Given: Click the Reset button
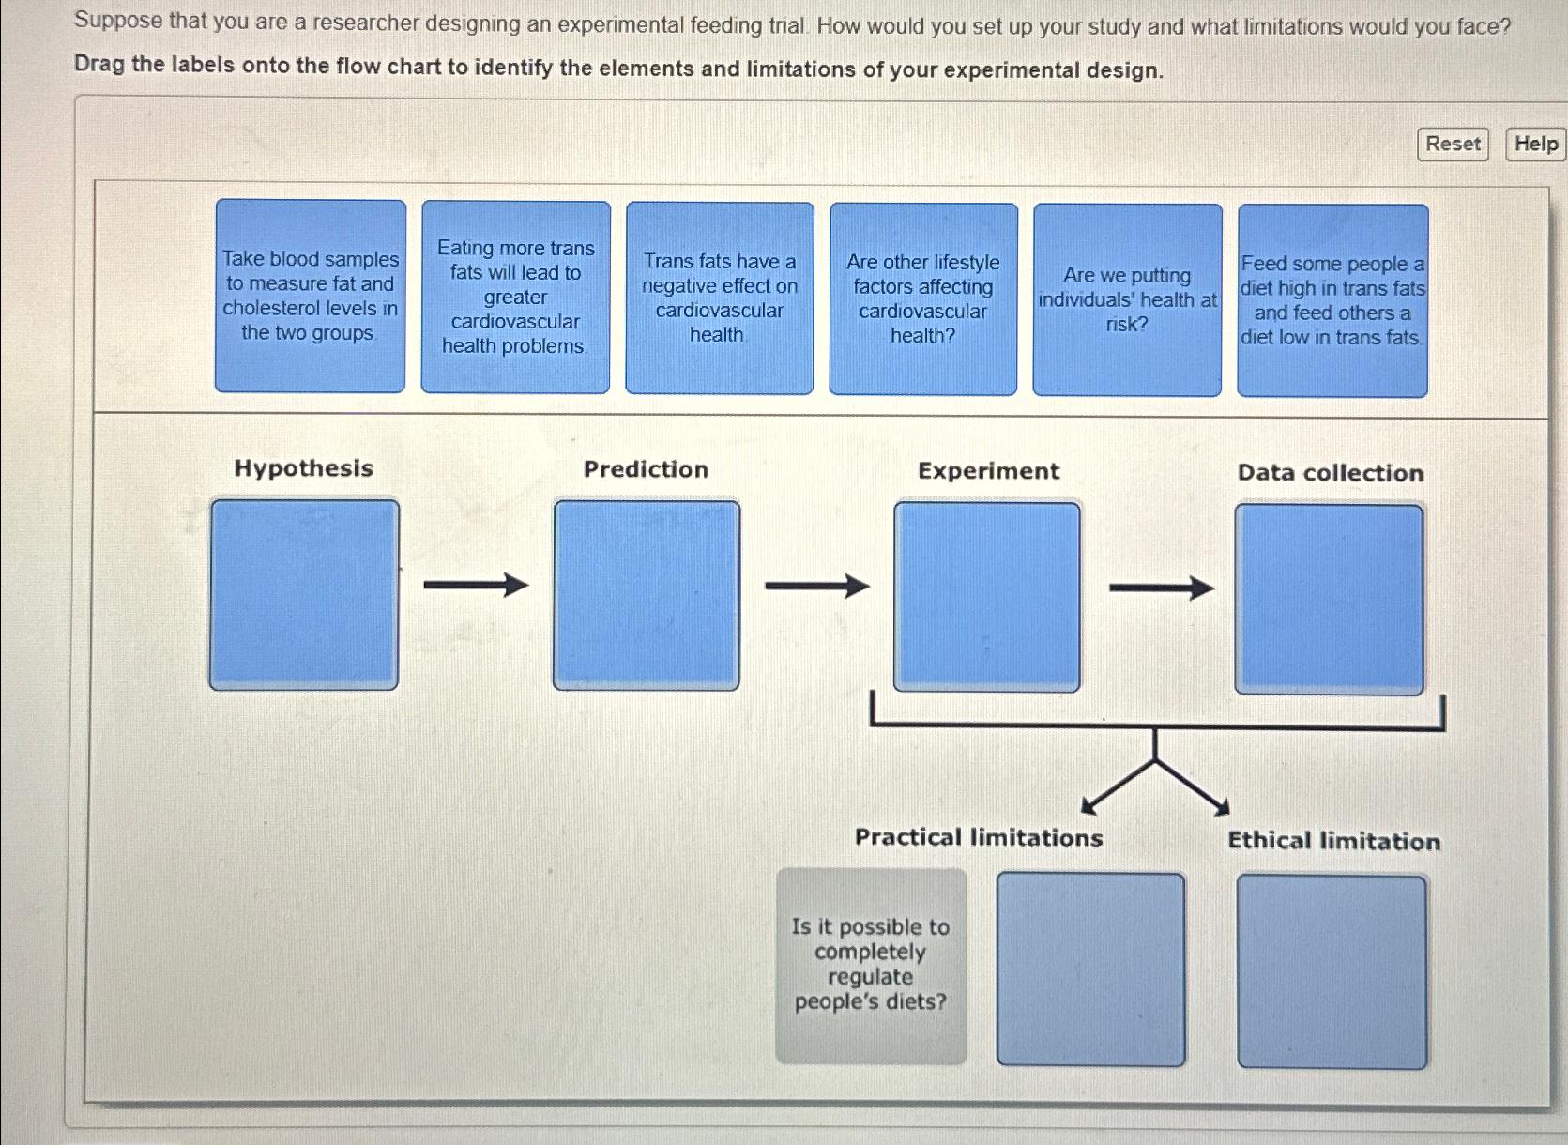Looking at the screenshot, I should [x=1452, y=145].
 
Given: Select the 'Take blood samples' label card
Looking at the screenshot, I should [x=310, y=296].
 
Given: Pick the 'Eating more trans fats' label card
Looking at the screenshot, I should [x=515, y=297].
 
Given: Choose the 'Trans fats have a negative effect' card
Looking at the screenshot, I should [x=719, y=298].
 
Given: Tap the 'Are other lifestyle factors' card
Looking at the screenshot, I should [x=922, y=298].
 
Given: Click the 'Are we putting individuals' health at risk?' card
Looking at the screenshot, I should [x=1127, y=299].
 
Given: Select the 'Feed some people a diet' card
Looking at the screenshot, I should [x=1332, y=300].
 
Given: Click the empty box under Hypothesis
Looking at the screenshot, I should [x=304, y=595].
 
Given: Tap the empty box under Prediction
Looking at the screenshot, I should [x=646, y=596].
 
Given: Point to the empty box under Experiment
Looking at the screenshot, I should [x=986, y=597].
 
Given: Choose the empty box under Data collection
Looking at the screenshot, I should [x=1329, y=599].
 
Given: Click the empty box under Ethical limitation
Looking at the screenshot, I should [x=1332, y=971].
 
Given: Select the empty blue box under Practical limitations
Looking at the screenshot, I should [x=1090, y=969].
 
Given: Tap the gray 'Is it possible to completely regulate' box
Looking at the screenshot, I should [x=871, y=966].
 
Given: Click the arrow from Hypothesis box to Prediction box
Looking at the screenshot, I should [x=476, y=586].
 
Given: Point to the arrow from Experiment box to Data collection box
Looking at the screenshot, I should [x=1161, y=588].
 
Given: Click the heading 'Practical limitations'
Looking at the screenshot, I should [x=978, y=837].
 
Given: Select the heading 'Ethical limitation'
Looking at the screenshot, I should [x=1333, y=841].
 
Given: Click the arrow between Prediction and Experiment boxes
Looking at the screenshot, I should [x=816, y=587].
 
